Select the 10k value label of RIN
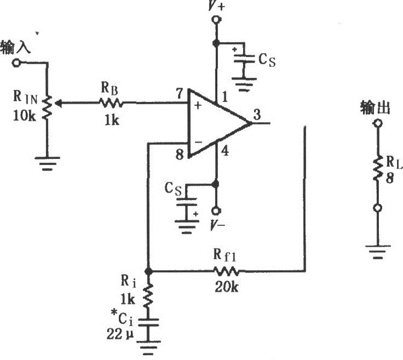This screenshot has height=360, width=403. click(24, 115)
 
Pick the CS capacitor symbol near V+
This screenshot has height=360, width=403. click(244, 60)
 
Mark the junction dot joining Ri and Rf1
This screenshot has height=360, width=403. click(148, 271)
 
